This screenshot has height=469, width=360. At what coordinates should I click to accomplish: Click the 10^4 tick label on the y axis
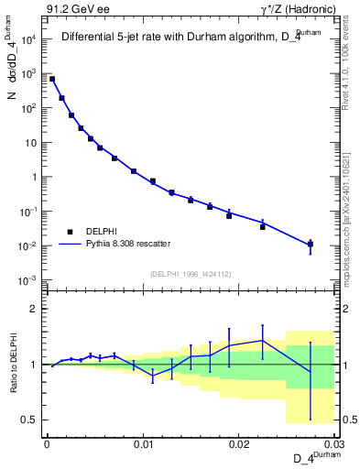(x=27, y=39)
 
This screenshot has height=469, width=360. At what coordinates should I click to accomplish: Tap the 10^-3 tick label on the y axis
(x=27, y=280)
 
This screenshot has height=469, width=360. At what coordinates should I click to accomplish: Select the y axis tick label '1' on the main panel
(x=33, y=177)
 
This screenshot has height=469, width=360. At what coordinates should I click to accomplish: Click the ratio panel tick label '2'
(x=35, y=309)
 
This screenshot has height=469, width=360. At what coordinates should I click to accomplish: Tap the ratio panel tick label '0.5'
(x=30, y=420)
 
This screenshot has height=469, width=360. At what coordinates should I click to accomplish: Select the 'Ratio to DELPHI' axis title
(x=14, y=365)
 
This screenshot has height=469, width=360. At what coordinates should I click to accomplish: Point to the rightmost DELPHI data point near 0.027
(x=311, y=244)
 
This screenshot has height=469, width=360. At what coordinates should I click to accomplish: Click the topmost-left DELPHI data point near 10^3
(x=52, y=80)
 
